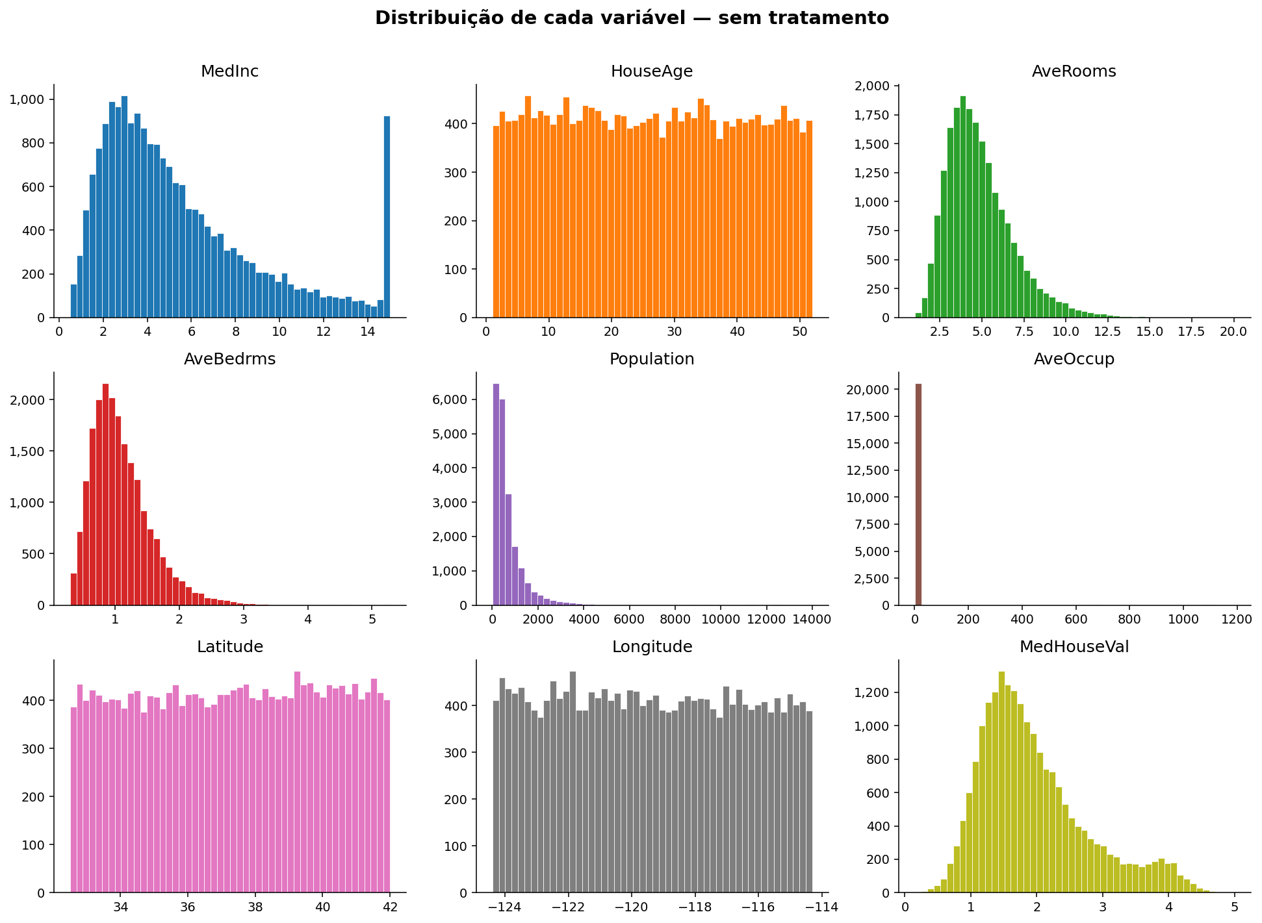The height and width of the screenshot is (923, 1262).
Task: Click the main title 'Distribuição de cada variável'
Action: click(631, 18)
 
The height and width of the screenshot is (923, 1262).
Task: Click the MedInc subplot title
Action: click(229, 71)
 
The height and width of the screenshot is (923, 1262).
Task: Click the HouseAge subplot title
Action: click(652, 71)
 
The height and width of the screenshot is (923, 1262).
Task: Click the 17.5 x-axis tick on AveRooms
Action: click(1191, 331)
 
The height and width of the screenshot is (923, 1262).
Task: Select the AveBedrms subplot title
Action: click(229, 359)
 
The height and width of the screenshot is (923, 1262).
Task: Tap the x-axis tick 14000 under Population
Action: click(812, 619)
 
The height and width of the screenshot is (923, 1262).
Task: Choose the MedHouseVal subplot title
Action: click(1074, 647)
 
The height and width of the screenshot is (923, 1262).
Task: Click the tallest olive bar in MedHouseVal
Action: click(1001, 782)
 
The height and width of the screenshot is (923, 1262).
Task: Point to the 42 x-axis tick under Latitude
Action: click(389, 907)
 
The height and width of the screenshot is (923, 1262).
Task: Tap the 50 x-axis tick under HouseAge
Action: click(799, 331)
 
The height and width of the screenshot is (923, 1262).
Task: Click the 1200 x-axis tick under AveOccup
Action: click(1237, 619)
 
